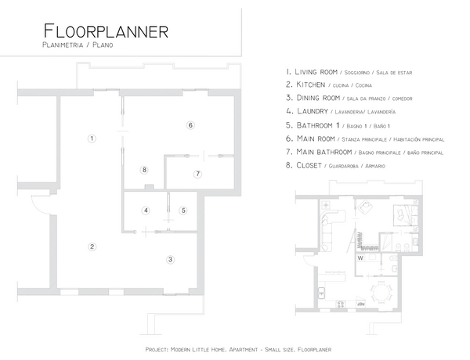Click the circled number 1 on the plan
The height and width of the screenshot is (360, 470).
92,139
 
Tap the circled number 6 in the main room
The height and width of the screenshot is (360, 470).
190,125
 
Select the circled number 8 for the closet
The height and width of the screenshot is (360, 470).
144,170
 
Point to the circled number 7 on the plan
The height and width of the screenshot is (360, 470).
197,174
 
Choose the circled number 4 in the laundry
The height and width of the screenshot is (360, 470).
146,211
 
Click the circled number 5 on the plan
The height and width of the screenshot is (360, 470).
183,211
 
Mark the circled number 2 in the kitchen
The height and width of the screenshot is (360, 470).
92,247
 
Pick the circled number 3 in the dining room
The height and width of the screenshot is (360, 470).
170,259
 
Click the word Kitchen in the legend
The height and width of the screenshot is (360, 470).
310,85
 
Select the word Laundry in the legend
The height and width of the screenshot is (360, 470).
313,111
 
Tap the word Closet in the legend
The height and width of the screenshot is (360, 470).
309,165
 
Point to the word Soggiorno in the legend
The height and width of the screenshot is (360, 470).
357,73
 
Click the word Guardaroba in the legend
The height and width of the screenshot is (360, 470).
344,166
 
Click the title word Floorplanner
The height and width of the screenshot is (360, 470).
106,31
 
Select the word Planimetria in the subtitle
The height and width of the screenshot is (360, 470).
63,45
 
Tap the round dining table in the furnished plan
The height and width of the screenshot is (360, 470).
381,292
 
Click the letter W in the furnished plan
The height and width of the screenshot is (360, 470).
360,258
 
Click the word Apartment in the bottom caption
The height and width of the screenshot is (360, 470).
243,350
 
